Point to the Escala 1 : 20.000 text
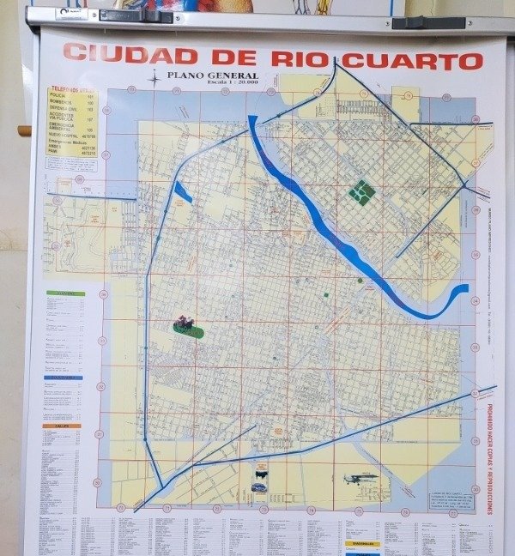[x=204, y=84]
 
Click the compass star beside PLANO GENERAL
[x=154, y=79]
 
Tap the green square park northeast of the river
[x=362, y=191]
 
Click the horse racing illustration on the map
[x=184, y=324]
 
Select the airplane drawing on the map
[x=360, y=478]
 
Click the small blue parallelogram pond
[x=183, y=192]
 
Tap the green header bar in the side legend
[x=65, y=293]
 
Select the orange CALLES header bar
[x=61, y=426]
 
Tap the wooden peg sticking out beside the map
[x=23, y=131]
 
